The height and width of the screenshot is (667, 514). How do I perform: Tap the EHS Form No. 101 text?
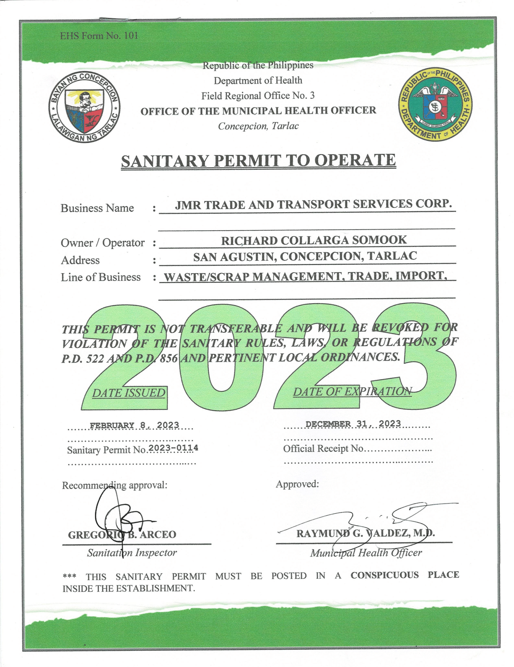pos(99,36)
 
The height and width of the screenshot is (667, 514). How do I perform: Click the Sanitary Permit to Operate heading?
pos(258,161)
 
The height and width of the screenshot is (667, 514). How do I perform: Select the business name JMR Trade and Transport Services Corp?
pos(313,204)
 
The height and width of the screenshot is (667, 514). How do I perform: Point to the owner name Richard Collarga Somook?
pos(314,240)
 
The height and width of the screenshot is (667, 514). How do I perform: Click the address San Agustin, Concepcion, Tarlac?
pos(305,256)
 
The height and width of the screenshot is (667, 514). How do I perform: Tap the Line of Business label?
pos(101,277)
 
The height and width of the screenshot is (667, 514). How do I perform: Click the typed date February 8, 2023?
pos(134,425)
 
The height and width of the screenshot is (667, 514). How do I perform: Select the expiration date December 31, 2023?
pos(353,424)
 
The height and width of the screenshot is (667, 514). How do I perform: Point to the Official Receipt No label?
pos(323,448)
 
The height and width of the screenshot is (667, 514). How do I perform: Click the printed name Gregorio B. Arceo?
pos(122,535)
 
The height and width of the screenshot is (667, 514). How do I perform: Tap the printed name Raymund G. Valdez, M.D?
pos(365,533)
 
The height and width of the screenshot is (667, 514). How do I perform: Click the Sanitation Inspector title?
pos(132,553)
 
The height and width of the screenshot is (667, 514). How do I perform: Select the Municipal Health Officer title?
pos(366,553)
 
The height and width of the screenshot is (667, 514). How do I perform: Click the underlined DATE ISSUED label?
pos(128,393)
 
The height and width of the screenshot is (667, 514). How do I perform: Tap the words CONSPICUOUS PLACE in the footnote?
pos(405,575)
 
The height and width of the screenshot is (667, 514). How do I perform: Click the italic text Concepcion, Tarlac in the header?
pos(258,126)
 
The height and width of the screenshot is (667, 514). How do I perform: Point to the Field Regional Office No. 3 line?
pos(258,96)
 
